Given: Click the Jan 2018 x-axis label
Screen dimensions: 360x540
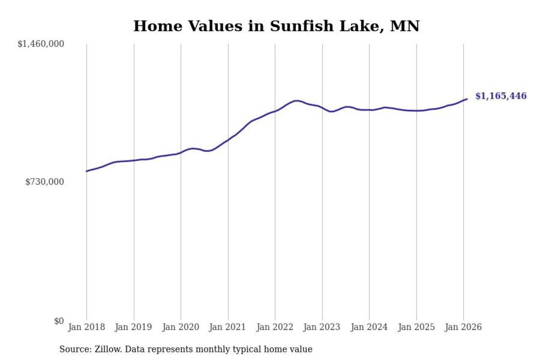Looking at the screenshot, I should click(x=87, y=327).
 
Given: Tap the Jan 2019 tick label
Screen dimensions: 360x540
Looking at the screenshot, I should click(x=134, y=327).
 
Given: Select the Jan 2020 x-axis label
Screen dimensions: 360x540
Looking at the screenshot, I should click(x=181, y=327).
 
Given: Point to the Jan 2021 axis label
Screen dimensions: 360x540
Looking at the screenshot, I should click(x=228, y=327).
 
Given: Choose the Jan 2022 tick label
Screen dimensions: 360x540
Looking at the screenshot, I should click(x=275, y=327).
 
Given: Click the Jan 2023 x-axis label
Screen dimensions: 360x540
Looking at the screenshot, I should click(x=322, y=327).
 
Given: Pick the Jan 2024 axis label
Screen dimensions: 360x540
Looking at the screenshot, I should click(x=369, y=327).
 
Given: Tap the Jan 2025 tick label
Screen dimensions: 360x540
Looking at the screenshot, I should click(x=416, y=327).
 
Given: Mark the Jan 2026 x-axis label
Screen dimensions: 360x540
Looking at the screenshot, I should click(x=463, y=327).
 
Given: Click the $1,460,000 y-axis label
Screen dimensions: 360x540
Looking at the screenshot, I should click(x=40, y=43).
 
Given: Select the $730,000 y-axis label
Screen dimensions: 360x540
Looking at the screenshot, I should click(x=44, y=182).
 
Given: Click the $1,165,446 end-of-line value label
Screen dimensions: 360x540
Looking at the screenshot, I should click(x=501, y=96).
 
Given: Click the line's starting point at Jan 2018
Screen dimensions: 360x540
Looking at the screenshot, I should click(x=87, y=171).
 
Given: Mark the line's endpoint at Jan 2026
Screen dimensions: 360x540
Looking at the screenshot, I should click(x=467, y=99).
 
